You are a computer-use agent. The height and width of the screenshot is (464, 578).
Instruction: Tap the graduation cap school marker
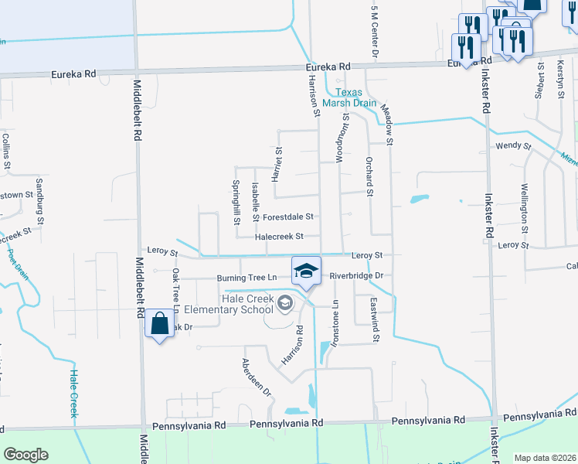[x=306, y=271]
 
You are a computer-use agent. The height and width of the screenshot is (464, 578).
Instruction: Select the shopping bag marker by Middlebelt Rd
[x=159, y=325]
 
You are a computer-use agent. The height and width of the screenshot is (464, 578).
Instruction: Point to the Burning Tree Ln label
[x=246, y=277]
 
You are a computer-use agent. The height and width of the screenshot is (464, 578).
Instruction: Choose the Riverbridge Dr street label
[x=356, y=275]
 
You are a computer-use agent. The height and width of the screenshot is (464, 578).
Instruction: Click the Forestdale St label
[x=287, y=217]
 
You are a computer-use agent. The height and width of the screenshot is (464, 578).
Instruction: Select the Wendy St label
[x=513, y=145]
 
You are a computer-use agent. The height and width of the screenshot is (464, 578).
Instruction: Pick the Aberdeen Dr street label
[x=257, y=377]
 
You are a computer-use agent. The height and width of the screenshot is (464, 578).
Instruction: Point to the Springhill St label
[x=236, y=202]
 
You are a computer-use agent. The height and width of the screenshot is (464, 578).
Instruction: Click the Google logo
[x=25, y=455]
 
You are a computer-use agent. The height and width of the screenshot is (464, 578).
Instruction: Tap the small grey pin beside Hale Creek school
[x=286, y=303]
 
